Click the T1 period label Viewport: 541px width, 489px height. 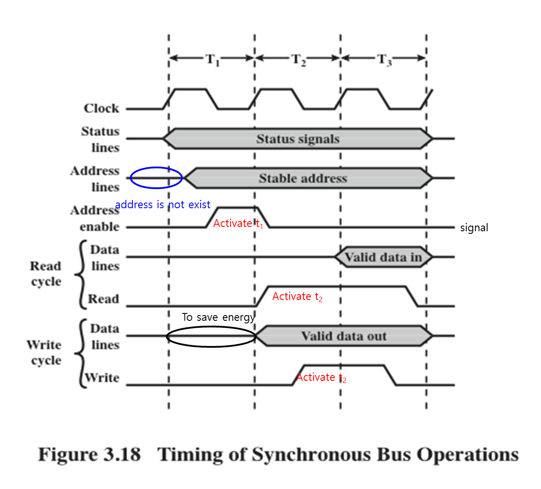[x=212, y=59]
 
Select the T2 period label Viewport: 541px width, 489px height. [x=298, y=59]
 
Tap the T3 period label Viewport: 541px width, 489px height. [x=384, y=59]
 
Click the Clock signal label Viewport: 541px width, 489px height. [x=101, y=108]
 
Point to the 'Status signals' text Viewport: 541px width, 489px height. [x=298, y=139]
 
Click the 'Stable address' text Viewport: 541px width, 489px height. [x=303, y=178]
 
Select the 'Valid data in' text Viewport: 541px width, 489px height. [x=383, y=257]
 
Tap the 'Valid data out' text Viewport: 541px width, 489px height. [x=344, y=336]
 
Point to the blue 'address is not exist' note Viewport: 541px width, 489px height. [x=163, y=204]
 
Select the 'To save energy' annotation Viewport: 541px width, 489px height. [x=218, y=317]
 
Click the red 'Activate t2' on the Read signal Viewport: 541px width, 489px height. [x=297, y=296]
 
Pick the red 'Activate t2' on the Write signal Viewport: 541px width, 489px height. [x=321, y=377]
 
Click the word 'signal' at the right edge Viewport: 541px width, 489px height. [x=474, y=228]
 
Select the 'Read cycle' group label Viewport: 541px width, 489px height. [x=46, y=274]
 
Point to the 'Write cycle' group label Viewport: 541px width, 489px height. [x=44, y=353]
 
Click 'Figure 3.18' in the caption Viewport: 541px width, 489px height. [x=89, y=455]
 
